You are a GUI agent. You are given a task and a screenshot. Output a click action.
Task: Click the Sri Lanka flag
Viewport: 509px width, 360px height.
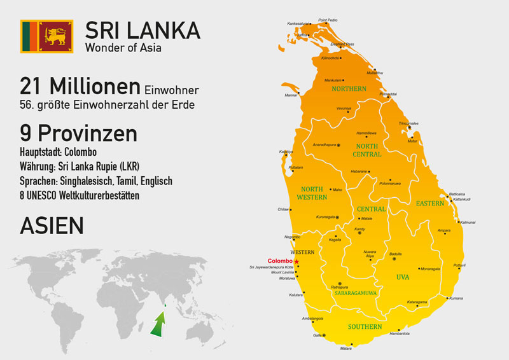click(x=47, y=36)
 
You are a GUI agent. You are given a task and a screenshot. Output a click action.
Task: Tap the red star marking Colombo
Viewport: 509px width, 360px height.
click(x=296, y=261)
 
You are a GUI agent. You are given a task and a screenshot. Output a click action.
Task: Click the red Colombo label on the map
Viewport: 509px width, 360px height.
click(x=280, y=261)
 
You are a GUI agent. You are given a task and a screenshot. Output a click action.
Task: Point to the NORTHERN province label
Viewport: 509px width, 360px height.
click(x=349, y=89)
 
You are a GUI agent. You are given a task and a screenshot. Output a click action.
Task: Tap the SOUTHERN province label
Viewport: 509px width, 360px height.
click(x=365, y=326)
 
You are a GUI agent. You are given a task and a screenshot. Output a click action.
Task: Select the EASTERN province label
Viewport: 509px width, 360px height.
click(x=430, y=204)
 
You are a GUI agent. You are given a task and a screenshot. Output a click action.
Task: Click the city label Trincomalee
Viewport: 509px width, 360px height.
click(x=408, y=123)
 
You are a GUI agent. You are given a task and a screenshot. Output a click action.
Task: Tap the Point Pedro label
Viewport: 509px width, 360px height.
click(x=328, y=20)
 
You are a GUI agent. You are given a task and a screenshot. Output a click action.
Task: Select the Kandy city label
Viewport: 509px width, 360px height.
click(x=359, y=228)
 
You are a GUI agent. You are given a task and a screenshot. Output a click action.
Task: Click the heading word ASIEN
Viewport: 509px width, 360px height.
click(x=52, y=226)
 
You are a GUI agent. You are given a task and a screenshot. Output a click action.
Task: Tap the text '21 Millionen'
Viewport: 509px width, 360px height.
click(x=80, y=86)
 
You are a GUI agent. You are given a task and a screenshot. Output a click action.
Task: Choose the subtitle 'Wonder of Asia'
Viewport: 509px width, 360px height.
click(x=124, y=47)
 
